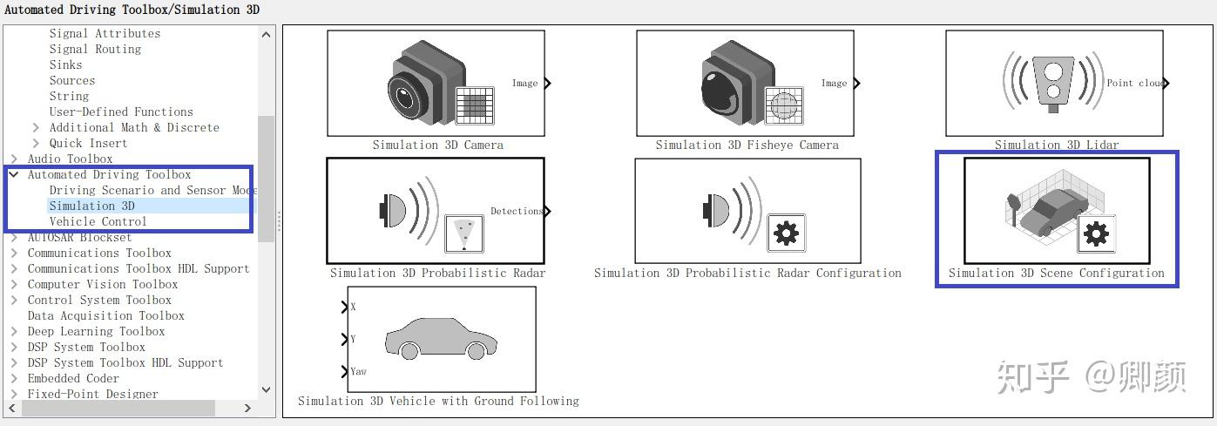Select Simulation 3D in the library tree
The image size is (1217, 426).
pos(91,206)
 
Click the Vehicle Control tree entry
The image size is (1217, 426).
pos(98,221)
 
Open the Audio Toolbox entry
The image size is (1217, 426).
pos(70,159)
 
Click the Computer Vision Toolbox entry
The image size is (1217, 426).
pos(103,284)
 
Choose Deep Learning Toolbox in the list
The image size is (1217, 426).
pos(96,331)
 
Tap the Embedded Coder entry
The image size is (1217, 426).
pos(73,378)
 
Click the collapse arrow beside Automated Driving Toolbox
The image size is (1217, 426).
pos(14,174)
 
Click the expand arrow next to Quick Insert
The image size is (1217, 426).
pos(36,143)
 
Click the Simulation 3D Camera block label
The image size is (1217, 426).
pos(437,145)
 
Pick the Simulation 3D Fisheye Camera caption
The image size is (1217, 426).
pos(747,145)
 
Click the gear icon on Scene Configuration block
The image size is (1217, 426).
pos(1096,233)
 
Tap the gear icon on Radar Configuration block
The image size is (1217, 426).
pos(787,233)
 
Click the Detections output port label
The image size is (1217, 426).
pos(516,211)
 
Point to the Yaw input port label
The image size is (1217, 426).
pos(358,371)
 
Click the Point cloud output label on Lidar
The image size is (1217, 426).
pos(1134,83)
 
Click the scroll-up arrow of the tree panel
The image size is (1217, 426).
pos(267,35)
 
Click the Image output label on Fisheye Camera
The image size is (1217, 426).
pos(834,83)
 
